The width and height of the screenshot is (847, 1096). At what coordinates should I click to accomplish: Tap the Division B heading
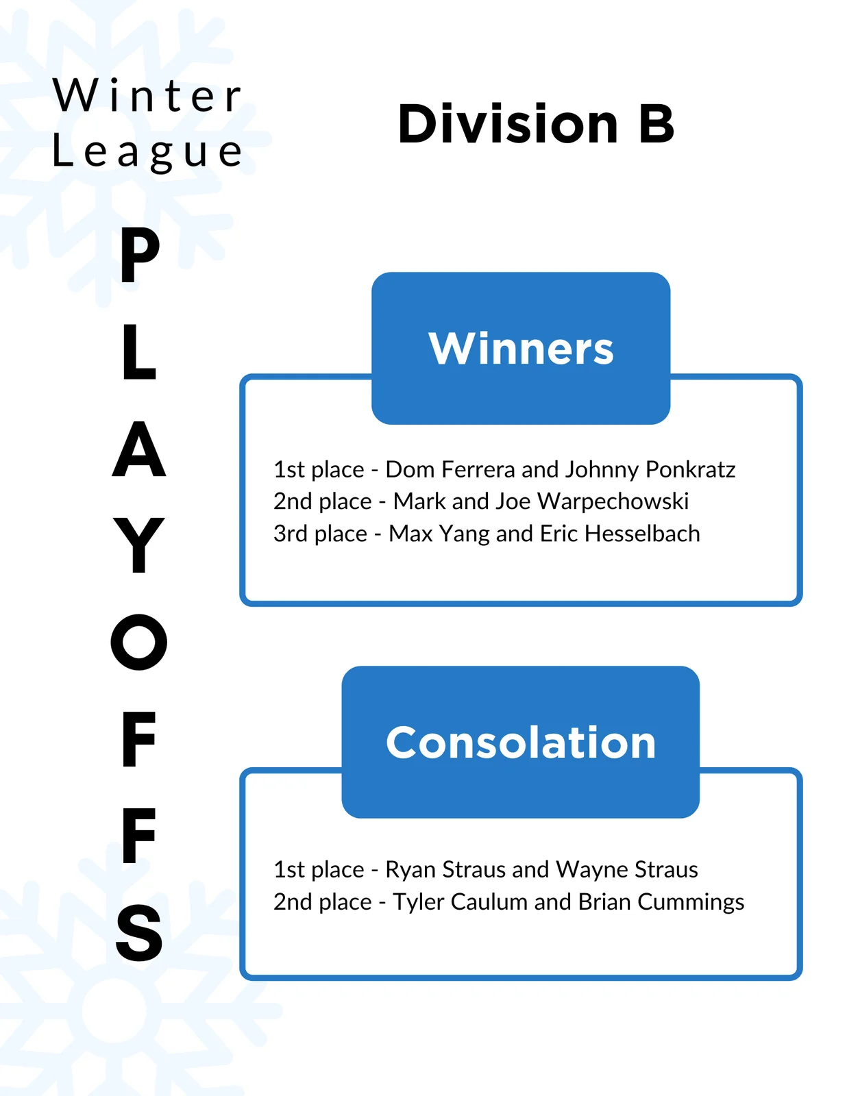[536, 123]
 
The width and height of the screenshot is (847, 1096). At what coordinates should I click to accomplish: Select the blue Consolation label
[521, 742]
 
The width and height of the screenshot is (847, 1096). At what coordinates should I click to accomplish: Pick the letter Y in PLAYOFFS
[138, 545]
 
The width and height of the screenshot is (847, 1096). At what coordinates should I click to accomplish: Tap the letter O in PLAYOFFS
[138, 642]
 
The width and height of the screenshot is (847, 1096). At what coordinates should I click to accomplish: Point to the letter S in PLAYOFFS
[139, 932]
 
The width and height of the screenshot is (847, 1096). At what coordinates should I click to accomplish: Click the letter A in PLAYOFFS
[138, 449]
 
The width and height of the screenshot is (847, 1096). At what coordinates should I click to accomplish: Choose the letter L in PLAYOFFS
[140, 351]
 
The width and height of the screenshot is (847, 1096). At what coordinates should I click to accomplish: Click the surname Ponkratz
[690, 469]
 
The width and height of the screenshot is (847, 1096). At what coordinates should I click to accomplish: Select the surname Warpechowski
[613, 502]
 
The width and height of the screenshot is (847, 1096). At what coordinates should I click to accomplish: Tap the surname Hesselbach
[642, 533]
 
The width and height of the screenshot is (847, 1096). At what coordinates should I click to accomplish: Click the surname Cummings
[691, 902]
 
